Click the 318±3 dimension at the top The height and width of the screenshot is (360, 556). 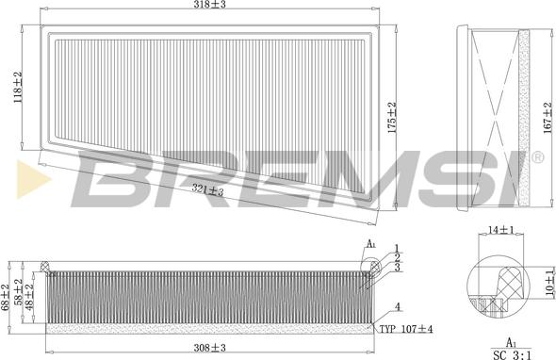point(209,5)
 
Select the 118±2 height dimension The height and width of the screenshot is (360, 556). point(18,88)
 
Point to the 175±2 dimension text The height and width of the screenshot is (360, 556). point(392,118)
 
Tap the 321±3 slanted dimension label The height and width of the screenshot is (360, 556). point(207,189)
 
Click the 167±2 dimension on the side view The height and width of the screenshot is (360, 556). point(548,118)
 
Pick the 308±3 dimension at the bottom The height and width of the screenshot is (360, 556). point(209,348)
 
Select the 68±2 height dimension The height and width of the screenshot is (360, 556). point(5,297)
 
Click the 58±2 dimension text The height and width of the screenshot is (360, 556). point(18,292)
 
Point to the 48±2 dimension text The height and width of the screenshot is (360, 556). point(30,297)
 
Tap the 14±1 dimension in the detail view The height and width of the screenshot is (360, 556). point(501,230)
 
